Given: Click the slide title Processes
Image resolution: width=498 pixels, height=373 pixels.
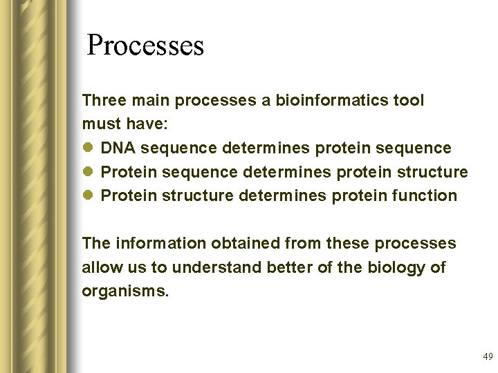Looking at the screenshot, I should pyautogui.click(x=145, y=46).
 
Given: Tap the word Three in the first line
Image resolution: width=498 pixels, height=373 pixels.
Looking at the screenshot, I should pyautogui.click(x=103, y=101).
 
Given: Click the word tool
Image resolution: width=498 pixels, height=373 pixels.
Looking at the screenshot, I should pyautogui.click(x=409, y=101).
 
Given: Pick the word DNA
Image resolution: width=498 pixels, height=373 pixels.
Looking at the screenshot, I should pyautogui.click(x=117, y=149).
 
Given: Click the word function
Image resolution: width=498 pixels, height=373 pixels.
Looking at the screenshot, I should pyautogui.click(x=424, y=196).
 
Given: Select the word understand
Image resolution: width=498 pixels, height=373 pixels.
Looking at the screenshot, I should pyautogui.click(x=216, y=267).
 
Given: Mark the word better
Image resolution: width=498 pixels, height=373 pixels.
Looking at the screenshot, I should pyautogui.click(x=286, y=267).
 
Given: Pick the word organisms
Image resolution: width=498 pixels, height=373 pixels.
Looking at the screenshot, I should pyautogui.click(x=124, y=291).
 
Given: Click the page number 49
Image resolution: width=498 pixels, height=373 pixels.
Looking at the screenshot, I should pyautogui.click(x=488, y=357).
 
